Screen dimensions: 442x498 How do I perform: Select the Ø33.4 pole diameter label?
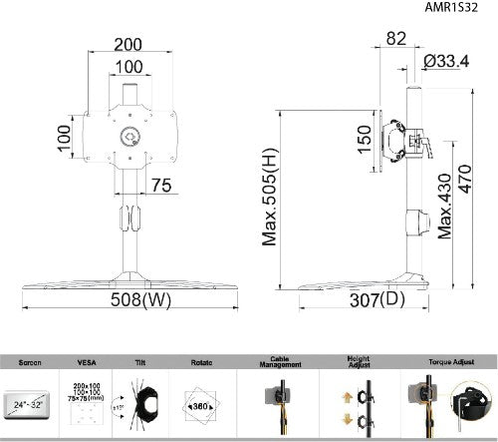point(447,61)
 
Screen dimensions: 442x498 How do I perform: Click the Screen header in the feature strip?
point(31,363)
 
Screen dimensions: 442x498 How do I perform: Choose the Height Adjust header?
point(358,361)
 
